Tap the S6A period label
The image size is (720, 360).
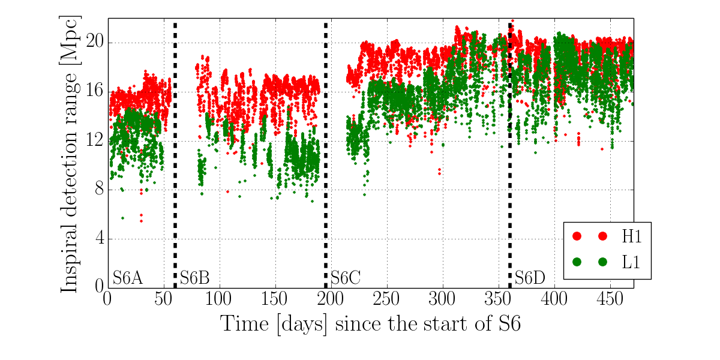128,278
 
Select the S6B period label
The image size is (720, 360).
195,278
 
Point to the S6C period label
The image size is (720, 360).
346,278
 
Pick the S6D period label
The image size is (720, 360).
530,278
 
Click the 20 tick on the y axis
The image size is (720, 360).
95,43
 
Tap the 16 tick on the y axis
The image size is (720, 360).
95,92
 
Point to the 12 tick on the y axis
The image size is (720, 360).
95,141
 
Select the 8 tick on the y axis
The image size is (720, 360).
99,190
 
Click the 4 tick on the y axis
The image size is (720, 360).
99,239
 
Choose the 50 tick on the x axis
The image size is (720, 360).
164,299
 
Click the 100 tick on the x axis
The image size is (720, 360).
220,299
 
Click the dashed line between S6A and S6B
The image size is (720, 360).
175,150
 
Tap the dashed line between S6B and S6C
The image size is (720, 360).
326,150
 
